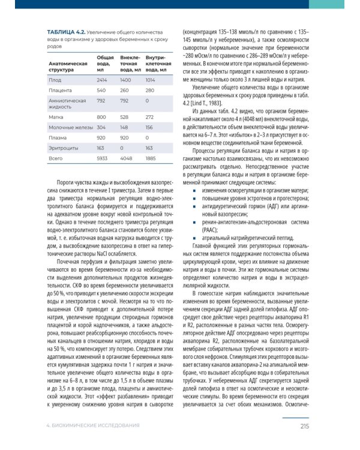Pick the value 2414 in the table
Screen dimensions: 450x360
coord(102,79)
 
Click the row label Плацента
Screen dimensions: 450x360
coord(61,91)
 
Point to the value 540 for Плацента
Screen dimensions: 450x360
coord(101,91)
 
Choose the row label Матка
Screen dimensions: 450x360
coord(57,116)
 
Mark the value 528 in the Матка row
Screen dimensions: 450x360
coord(125,116)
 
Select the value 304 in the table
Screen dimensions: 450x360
coord(101,127)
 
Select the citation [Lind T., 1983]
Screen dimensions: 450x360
coord(211,103)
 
